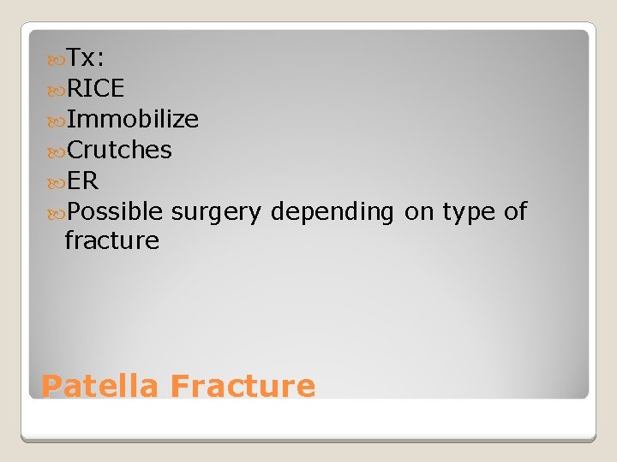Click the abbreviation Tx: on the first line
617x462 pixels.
[86, 58]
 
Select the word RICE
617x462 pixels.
[95, 89]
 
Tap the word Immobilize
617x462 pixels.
[133, 120]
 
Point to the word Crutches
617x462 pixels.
[119, 151]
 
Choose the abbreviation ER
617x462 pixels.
[82, 181]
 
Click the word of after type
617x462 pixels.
[515, 212]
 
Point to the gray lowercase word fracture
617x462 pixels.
[111, 241]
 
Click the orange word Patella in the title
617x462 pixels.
[99, 387]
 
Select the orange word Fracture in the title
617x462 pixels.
[243, 387]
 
